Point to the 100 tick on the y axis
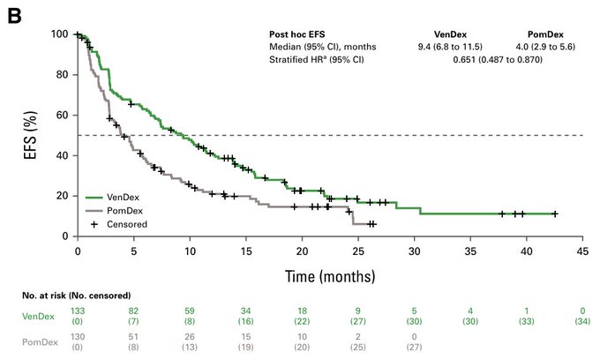[x=60, y=34]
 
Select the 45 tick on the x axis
[x=582, y=251]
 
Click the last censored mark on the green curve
[x=554, y=214]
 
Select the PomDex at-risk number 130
[x=78, y=340]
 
